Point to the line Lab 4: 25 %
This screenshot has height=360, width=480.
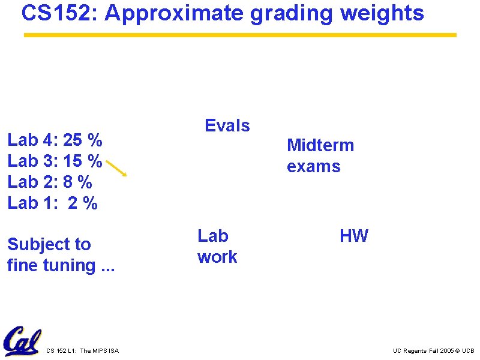tap(55, 141)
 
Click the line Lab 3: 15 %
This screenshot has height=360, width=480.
tap(55, 161)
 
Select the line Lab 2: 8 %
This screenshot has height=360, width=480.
tap(50, 182)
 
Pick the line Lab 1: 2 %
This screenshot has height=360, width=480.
tap(52, 203)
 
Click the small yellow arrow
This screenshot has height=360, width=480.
tap(116, 167)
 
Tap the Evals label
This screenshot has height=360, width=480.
tap(227, 125)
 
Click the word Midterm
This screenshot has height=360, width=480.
tap(320, 145)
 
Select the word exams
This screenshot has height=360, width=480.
tap(313, 166)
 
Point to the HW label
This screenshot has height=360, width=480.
tap(354, 236)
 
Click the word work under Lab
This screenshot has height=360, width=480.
tap(217, 257)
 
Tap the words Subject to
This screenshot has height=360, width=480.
tap(49, 244)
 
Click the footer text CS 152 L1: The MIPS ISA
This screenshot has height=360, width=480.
tap(82, 350)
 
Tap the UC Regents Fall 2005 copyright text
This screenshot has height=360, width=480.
tap(433, 350)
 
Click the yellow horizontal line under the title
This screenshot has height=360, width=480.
tap(240, 35)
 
